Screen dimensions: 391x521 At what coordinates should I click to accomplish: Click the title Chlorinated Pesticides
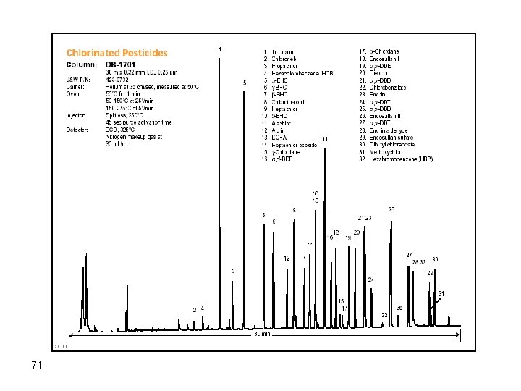pos(117,53)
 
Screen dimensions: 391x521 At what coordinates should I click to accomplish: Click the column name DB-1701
pos(125,64)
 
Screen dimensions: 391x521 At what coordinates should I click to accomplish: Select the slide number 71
pos(37,365)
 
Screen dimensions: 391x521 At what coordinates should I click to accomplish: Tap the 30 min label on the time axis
pos(261,335)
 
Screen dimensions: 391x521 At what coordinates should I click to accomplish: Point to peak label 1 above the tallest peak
pos(219,49)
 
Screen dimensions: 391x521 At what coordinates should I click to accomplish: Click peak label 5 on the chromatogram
pos(245,83)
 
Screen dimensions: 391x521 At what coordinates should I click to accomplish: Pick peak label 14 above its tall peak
pos(325,138)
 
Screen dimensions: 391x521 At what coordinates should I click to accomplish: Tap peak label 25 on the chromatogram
pos(391,209)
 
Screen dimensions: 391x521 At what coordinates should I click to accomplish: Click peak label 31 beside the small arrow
pos(441,293)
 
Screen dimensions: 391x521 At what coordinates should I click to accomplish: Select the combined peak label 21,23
pos(365,218)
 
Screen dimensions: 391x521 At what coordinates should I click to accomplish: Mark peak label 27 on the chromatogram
pos(409,255)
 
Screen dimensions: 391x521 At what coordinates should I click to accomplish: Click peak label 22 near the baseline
pos(385,315)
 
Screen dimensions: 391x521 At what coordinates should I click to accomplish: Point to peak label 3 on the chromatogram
pos(233,271)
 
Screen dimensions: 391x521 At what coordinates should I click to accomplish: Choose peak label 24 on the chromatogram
pos(371,279)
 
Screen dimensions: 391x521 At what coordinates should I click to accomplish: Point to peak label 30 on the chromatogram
pos(435,259)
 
